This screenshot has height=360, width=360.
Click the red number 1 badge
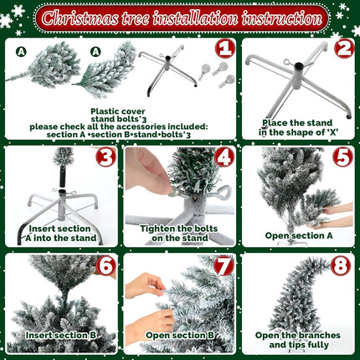coord(225,48)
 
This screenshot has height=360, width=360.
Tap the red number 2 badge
coord(344,48)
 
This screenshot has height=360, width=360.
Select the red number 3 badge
coord(105,157)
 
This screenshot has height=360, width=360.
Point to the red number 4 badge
coord(224,157)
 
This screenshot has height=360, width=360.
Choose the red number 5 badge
coord(343,157)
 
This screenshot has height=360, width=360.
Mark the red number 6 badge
coord(105,266)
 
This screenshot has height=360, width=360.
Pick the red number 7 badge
coord(224,266)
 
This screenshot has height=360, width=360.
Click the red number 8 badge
coord(341,266)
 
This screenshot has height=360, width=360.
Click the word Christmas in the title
coord(80,18)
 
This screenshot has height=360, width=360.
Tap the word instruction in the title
coord(282,18)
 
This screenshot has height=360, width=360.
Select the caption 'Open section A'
coord(299,235)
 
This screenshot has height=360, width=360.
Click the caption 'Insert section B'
coord(61,335)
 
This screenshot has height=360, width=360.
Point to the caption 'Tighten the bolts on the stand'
coord(179,233)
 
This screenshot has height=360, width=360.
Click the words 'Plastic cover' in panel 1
coord(118,111)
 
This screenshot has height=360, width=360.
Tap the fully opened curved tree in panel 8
coord(299,296)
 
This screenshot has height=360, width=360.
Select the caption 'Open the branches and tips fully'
coord(298,340)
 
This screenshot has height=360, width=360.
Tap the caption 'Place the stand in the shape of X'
coord(298,127)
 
